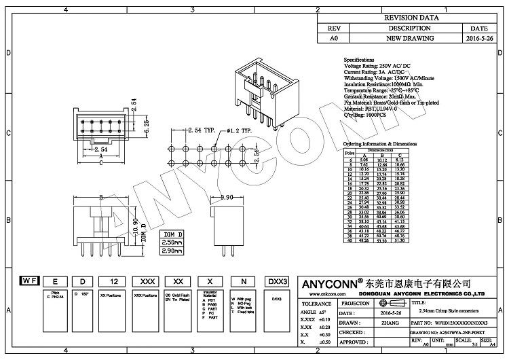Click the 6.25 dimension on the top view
[145, 124]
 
